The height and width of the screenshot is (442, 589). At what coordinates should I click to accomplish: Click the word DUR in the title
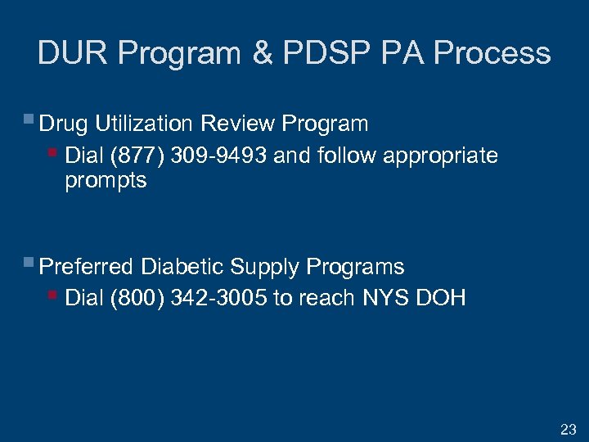point(74,54)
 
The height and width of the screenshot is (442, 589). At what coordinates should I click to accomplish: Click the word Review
point(237,124)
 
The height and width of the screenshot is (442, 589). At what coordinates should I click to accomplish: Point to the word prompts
point(106,181)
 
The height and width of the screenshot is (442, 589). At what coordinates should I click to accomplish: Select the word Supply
point(266,268)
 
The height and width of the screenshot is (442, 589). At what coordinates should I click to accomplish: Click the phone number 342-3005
point(220,298)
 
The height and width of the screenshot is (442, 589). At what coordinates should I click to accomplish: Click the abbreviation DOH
point(441,298)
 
